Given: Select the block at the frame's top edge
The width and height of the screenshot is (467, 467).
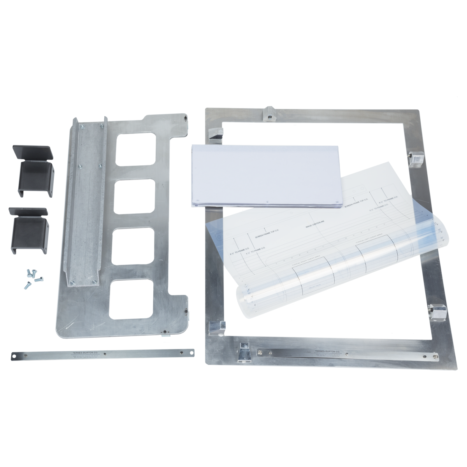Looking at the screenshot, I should click(x=269, y=114).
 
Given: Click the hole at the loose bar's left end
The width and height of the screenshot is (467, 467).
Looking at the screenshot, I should click(x=14, y=354).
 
